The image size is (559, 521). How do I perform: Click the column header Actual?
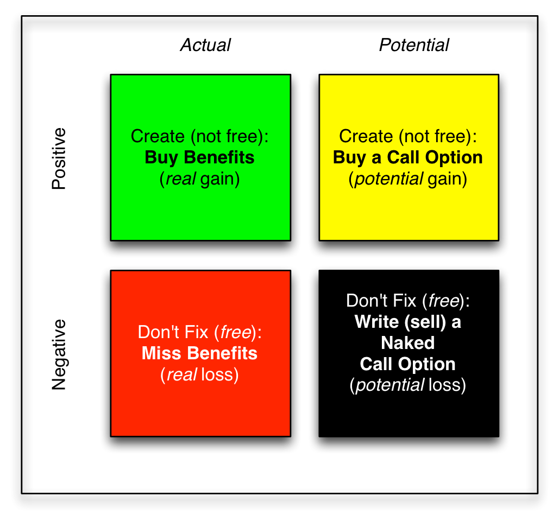click(205, 45)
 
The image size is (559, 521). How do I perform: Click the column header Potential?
click(414, 45)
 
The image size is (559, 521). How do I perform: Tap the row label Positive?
click(59, 158)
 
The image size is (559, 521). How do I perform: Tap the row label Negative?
click(59, 354)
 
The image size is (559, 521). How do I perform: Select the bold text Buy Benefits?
click(199, 158)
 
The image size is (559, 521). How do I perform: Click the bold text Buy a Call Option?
click(407, 158)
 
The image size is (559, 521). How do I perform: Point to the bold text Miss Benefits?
click(199, 353)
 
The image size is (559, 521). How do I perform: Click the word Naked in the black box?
click(407, 343)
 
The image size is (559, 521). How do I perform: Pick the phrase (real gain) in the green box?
click(199, 179)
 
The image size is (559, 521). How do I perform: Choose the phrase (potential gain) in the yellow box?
click(407, 179)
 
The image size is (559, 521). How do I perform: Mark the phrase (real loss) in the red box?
click(199, 374)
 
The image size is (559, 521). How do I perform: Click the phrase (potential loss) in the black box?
click(407, 385)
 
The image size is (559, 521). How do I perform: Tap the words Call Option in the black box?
click(407, 364)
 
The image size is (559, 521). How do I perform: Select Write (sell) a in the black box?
click(407, 322)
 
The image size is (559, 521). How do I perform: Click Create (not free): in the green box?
click(199, 137)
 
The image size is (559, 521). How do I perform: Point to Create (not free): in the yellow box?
click(407, 137)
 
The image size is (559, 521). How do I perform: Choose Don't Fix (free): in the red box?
click(199, 332)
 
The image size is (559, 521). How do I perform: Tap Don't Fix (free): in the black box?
click(407, 301)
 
